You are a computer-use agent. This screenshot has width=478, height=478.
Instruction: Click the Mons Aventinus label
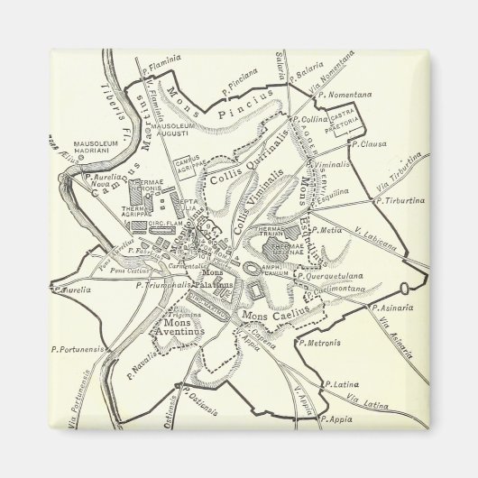point(185,326)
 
